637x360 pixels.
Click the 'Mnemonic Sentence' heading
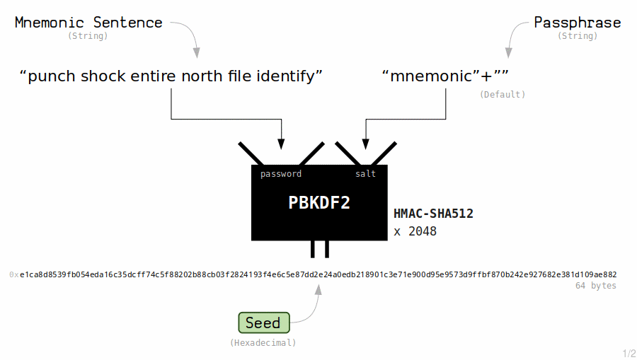[x=88, y=23]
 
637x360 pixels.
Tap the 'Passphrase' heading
[x=578, y=23]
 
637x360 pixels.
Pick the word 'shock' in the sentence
[x=108, y=76]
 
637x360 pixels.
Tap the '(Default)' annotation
[x=502, y=94]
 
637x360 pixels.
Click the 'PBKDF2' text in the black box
[x=319, y=203]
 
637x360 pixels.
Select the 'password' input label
[x=281, y=174]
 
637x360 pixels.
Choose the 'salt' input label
[x=365, y=174]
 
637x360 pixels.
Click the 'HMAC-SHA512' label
[x=433, y=213]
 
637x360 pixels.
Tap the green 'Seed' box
[x=263, y=323]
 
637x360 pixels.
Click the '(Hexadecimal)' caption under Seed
[x=263, y=342]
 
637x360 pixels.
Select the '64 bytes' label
[x=595, y=286]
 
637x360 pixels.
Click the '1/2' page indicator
[x=629, y=353]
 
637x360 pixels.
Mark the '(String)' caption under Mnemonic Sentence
[x=88, y=36]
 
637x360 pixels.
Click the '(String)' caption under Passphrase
[x=578, y=36]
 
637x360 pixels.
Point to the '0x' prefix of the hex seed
[x=14, y=274]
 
